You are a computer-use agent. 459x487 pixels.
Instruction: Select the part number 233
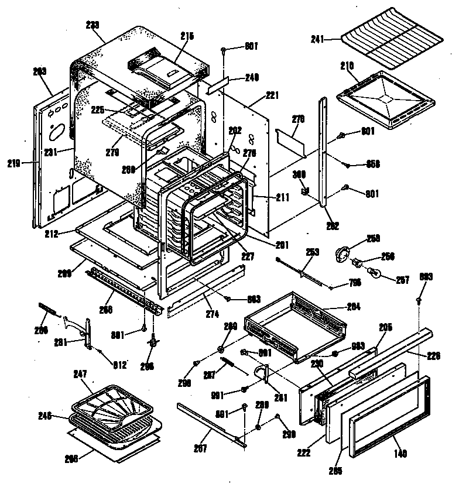tap(92, 25)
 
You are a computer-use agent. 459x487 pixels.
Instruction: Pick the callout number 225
tap(97, 109)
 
